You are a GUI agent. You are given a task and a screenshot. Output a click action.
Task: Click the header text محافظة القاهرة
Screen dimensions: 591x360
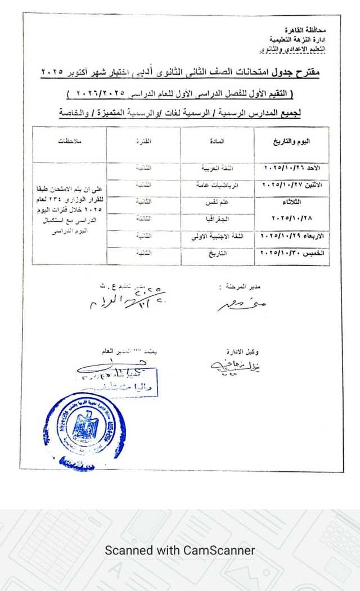(305, 28)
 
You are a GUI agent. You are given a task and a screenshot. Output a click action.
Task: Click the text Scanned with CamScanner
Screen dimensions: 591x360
(180, 551)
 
